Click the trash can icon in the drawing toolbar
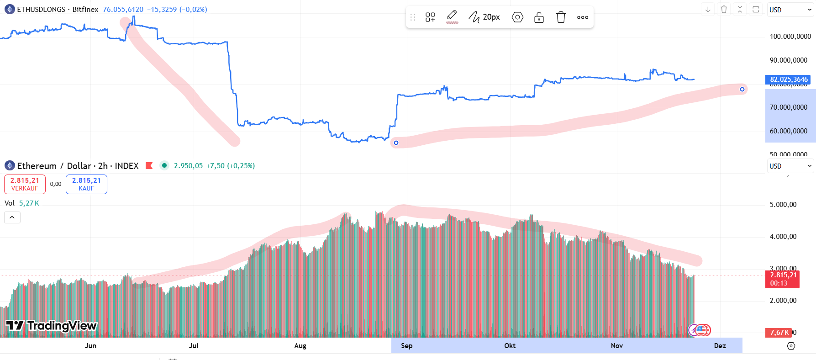(x=561, y=17)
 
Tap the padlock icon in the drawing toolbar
(x=539, y=17)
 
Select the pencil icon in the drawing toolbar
(x=452, y=16)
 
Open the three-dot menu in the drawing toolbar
(x=582, y=17)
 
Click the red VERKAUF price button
(x=25, y=184)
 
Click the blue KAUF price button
(x=86, y=184)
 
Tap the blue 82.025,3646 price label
(x=788, y=79)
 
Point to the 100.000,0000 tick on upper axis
(x=790, y=37)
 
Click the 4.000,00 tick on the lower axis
(x=783, y=237)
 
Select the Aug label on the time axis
(x=300, y=346)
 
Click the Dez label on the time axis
(x=720, y=346)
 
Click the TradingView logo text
(x=62, y=326)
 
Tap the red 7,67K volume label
(x=779, y=333)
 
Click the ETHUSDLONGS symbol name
(x=41, y=10)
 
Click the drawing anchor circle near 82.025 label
(x=742, y=89)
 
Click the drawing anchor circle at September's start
(x=396, y=143)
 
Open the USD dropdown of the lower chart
(x=790, y=166)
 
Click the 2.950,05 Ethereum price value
(x=188, y=166)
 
